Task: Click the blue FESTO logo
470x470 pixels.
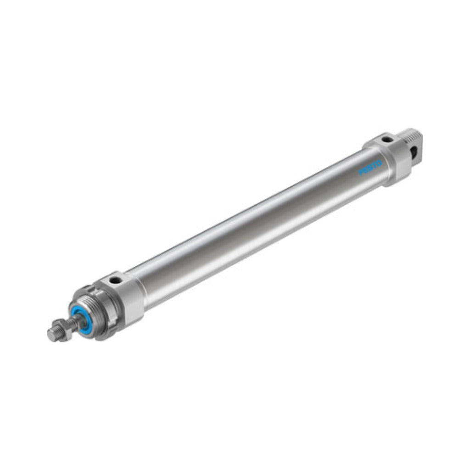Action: (370, 168)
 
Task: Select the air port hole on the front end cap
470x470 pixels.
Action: (115, 280)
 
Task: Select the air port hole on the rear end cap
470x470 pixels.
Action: (387, 139)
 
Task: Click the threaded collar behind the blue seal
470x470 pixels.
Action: (93, 312)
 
